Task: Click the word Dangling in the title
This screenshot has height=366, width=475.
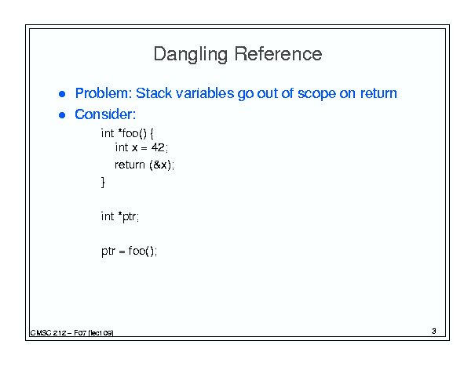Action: (x=191, y=54)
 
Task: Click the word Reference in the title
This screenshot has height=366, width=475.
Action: (x=278, y=54)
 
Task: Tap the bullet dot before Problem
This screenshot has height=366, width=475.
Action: (x=62, y=94)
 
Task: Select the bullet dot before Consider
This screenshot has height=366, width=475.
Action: (x=62, y=115)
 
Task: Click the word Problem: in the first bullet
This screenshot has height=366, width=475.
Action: (x=104, y=93)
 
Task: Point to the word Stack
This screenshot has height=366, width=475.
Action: (x=154, y=93)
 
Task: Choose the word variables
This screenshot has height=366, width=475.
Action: (x=205, y=93)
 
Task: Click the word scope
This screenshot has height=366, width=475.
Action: (x=316, y=94)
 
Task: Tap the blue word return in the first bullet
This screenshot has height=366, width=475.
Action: (x=378, y=93)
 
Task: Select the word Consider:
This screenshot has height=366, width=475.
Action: (x=105, y=114)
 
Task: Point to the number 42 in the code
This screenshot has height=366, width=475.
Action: (x=158, y=147)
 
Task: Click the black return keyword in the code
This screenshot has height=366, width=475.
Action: (x=130, y=165)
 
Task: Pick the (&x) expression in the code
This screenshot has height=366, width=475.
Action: (x=160, y=165)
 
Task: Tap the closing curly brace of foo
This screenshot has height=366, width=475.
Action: (x=103, y=183)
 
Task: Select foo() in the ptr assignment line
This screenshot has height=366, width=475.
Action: (x=141, y=251)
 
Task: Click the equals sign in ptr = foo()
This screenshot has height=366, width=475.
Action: (x=122, y=252)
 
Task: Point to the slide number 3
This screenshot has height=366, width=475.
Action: (x=434, y=332)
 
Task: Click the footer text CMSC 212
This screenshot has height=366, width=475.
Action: (x=48, y=333)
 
